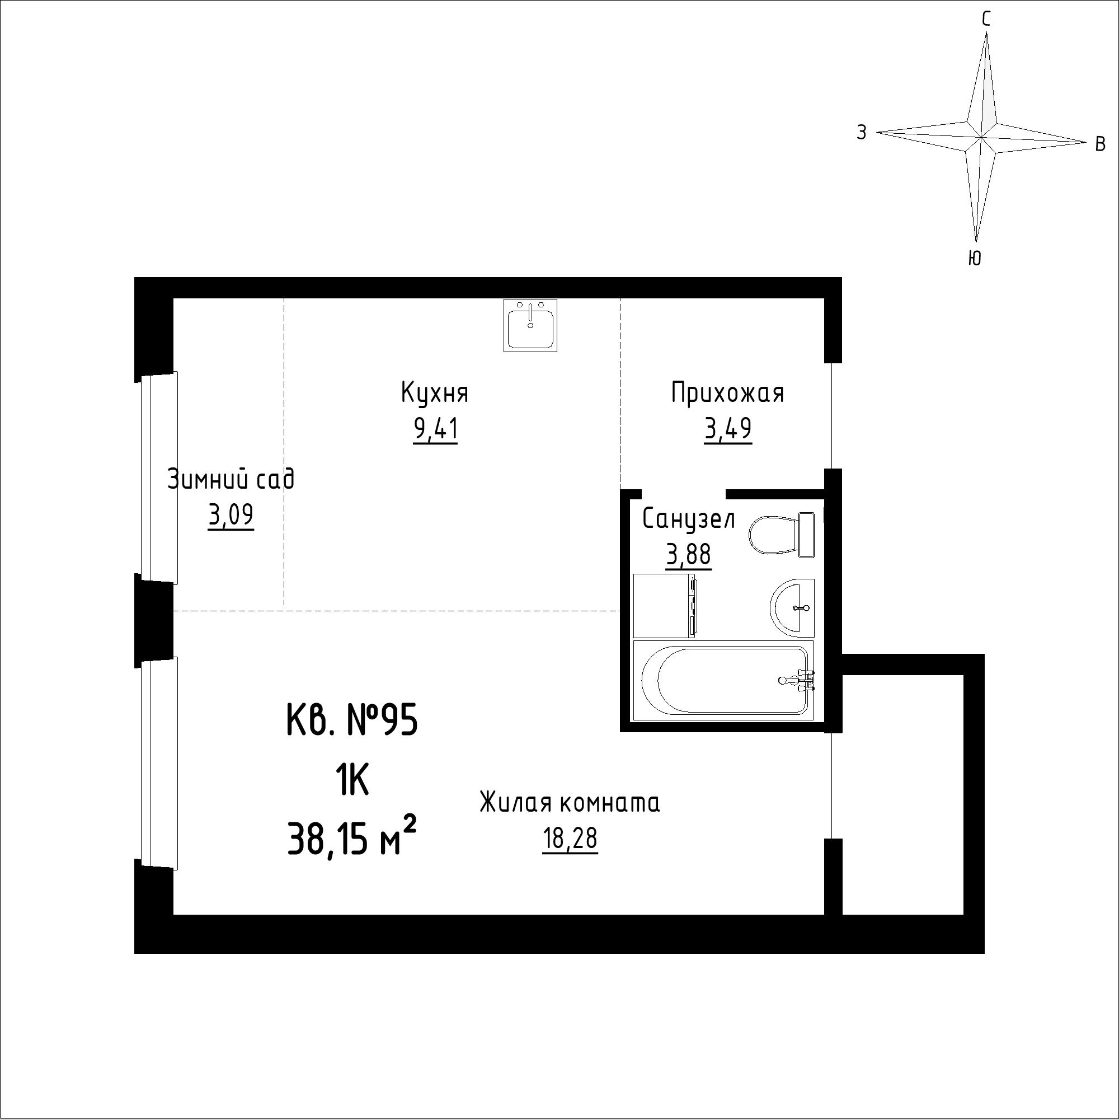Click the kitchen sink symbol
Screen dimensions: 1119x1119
(530, 325)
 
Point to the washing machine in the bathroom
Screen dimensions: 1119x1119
(665, 606)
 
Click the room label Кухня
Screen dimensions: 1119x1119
(434, 393)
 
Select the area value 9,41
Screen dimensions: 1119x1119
(435, 430)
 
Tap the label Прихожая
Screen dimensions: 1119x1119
(727, 393)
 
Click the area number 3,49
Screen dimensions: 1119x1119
(728, 430)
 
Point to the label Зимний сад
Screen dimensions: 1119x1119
(231, 480)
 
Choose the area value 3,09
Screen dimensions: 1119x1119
(231, 516)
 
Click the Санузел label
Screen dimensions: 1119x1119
(689, 519)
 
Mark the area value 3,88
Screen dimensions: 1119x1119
(689, 556)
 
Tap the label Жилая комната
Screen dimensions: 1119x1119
(570, 804)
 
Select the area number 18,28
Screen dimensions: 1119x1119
(570, 840)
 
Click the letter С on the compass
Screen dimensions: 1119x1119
(986, 20)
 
